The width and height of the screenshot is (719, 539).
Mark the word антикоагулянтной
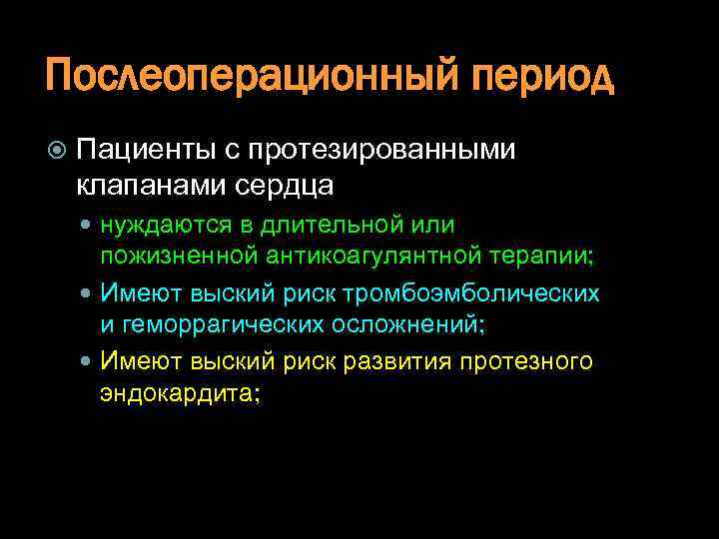click(377, 257)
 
